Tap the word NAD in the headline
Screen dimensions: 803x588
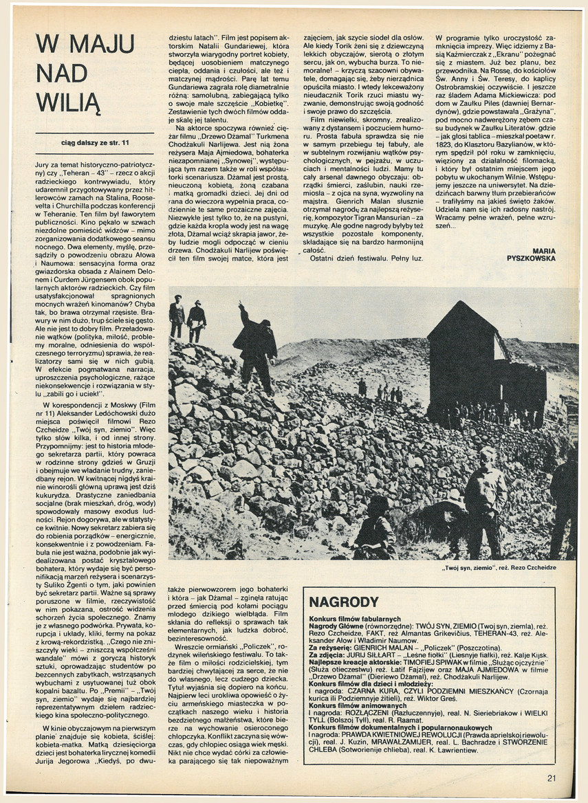pos(61,74)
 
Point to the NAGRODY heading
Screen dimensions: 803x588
pos(343,601)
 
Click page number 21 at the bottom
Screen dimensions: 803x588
pos(552,778)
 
